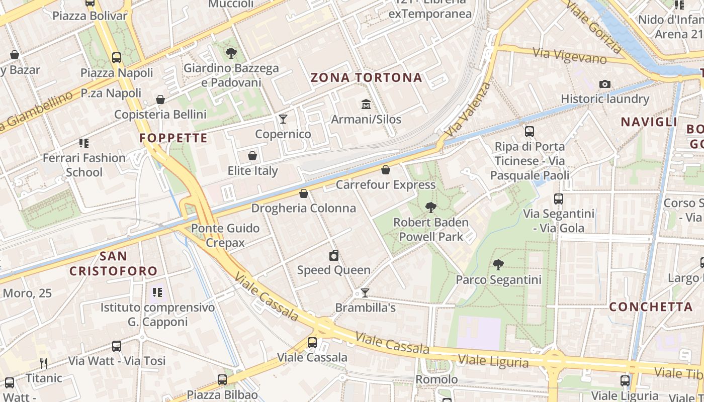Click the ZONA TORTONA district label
tap(366, 77)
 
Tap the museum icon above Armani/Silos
tap(366, 105)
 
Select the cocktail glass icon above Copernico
tap(283, 119)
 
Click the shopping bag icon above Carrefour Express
tap(386, 170)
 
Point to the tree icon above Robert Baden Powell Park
tap(430, 207)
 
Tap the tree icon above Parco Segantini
tap(498, 264)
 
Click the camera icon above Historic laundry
tap(605, 84)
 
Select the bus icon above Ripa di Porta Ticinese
tap(530, 132)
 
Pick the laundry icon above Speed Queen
tap(334, 255)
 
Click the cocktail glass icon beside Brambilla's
tap(365, 293)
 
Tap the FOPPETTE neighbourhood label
tap(173, 138)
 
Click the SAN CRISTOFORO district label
tap(114, 263)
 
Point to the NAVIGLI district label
tap(649, 122)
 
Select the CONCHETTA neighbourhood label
tap(651, 307)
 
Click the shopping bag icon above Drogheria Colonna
tap(304, 193)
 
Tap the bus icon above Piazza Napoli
tap(117, 58)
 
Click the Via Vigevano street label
tap(570, 56)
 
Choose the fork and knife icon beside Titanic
tap(44, 363)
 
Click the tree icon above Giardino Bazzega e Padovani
tap(231, 53)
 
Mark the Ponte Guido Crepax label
tap(225, 235)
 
